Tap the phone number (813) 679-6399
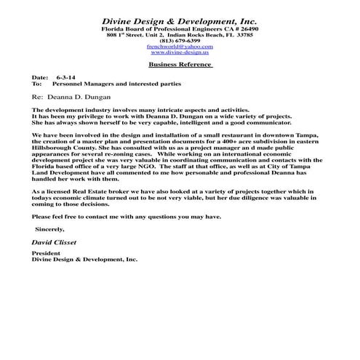tap(179, 41)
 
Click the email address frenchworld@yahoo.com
tap(179, 47)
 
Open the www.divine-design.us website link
tap(179, 53)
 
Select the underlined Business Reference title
tap(180, 65)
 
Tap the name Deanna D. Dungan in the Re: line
tap(79, 95)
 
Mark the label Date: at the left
tap(39, 76)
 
